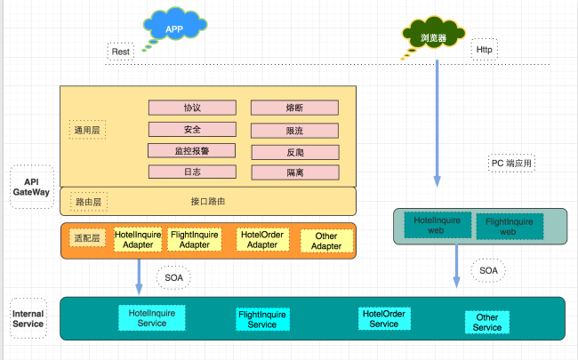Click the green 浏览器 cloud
coord(433,36)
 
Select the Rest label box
coord(121,52)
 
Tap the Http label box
coord(484,51)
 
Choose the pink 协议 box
coord(192,108)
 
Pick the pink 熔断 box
coord(294,108)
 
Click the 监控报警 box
coord(192,150)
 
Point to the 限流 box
coord(294,131)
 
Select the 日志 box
coord(192,172)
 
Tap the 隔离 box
coord(294,172)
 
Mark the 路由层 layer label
coord(88,202)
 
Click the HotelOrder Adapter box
coord(262,240)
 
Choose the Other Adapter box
coord(326,241)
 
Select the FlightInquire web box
coord(508,227)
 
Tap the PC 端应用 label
coord(512,164)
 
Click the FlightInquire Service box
coord(261,319)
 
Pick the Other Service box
coord(486,322)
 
